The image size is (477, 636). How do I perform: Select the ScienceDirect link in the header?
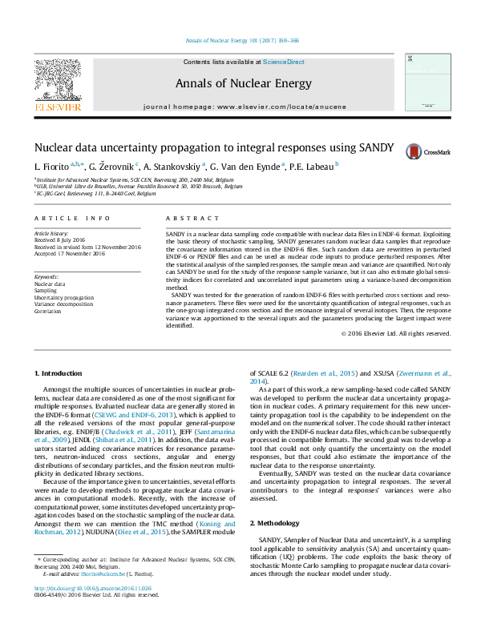[284, 62]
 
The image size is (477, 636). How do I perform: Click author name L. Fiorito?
[52, 167]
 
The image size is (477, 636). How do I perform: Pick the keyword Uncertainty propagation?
[64, 296]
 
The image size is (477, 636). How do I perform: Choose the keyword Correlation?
[48, 309]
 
